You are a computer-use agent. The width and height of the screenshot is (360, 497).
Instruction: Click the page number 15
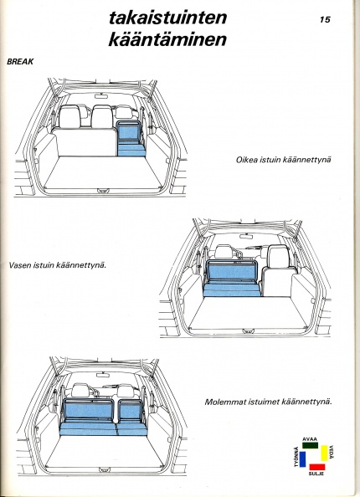click(x=325, y=19)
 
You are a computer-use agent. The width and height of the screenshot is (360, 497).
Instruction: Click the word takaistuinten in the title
click(x=167, y=18)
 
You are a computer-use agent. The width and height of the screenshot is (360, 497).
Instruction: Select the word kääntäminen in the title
click(x=167, y=39)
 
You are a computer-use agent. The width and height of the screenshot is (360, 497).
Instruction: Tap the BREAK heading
click(x=20, y=61)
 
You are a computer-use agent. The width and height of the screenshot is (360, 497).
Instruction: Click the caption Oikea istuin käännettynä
click(x=283, y=160)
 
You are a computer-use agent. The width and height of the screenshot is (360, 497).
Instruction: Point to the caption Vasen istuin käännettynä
click(x=58, y=264)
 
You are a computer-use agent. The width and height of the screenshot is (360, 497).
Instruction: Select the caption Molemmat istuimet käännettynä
click(x=268, y=402)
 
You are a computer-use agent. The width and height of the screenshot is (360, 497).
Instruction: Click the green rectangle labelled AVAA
click(x=310, y=445)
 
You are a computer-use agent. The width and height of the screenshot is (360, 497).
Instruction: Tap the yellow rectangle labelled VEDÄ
click(x=325, y=453)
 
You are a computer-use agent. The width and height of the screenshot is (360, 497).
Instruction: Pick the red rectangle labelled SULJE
click(x=317, y=467)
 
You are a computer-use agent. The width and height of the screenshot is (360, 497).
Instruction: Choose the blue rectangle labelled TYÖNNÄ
click(x=302, y=459)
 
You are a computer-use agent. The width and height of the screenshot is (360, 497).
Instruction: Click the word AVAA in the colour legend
click(x=310, y=439)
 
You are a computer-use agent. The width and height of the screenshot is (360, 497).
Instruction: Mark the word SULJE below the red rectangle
click(x=316, y=474)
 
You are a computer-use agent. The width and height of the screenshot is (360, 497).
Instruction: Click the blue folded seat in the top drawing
click(x=131, y=139)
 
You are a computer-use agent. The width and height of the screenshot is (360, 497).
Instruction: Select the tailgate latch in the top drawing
click(x=102, y=191)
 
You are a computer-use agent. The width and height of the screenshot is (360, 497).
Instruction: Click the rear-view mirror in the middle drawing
click(x=246, y=237)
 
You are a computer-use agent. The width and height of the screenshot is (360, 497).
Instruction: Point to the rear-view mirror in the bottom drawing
click(x=102, y=376)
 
